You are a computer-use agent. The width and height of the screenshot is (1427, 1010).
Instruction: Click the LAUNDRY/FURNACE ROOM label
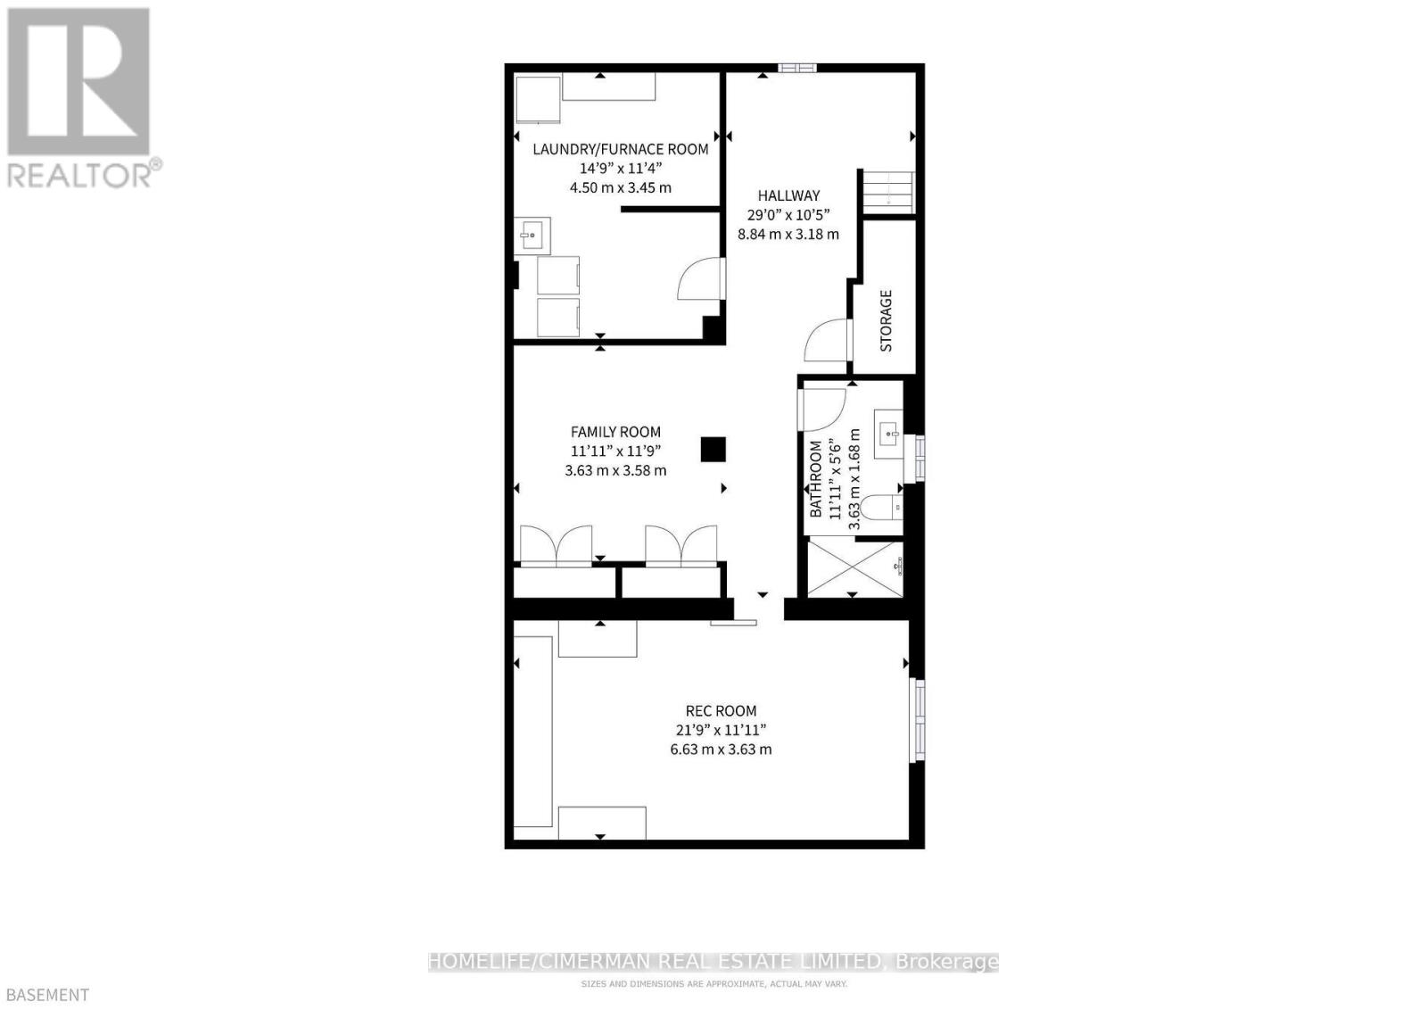620,149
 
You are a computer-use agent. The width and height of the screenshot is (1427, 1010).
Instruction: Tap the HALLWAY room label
788,195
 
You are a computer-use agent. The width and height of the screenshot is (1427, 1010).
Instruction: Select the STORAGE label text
886,320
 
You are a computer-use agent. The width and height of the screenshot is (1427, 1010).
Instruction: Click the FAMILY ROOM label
615,432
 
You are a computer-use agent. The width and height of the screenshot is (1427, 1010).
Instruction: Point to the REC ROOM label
721,711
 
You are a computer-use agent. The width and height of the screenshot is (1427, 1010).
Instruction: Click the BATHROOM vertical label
815,479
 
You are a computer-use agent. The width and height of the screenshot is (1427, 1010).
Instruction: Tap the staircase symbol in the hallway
888,191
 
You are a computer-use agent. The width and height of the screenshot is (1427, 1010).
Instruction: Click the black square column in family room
713,449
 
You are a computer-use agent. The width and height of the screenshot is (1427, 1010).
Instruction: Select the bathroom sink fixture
887,435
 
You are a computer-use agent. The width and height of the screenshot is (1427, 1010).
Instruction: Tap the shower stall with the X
854,569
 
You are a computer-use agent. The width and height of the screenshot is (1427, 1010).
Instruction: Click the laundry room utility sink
533,236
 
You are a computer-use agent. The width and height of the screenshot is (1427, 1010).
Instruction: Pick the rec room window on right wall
917,720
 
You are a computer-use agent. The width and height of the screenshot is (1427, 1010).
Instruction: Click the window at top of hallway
796,67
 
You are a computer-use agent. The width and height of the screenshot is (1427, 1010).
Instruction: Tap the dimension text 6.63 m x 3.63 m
721,749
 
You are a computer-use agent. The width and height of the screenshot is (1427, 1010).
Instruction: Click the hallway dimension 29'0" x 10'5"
788,214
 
